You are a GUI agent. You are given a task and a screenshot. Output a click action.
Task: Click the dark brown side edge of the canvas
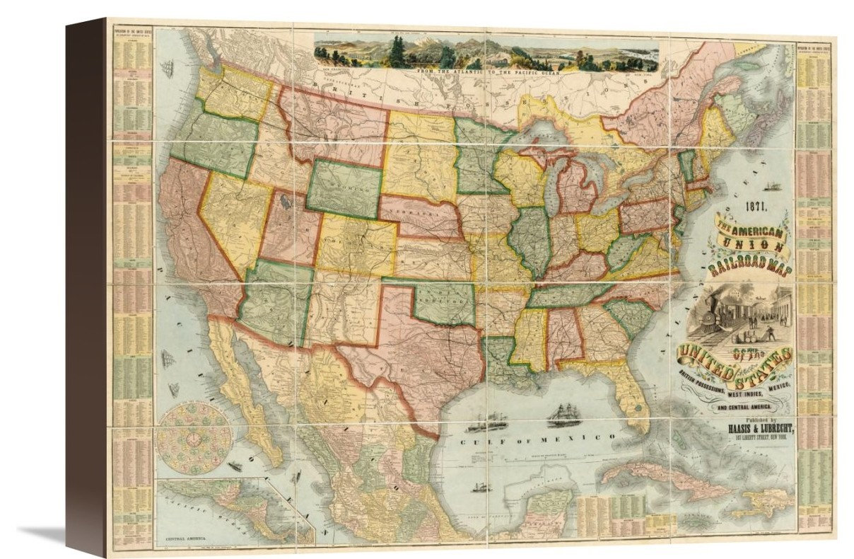pos(85,283)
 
